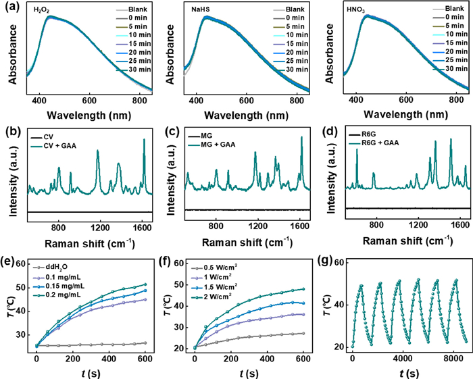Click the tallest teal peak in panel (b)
click(144, 140)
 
